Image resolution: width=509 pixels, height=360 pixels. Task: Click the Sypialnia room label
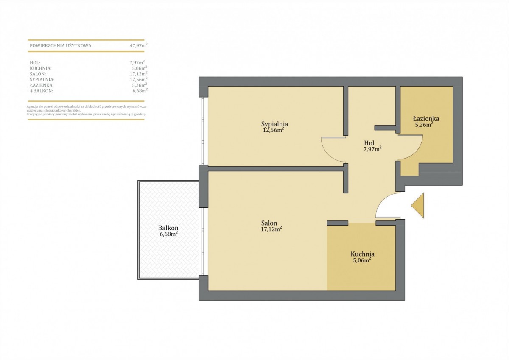[x=274, y=124]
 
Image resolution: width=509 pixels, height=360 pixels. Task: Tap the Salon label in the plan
[x=269, y=223]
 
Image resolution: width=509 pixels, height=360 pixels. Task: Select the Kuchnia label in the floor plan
[x=362, y=254]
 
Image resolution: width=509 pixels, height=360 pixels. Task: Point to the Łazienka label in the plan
[x=423, y=118]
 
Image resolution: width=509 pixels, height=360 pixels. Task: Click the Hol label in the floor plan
[x=369, y=143]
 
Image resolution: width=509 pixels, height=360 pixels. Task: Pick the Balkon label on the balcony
[x=168, y=228]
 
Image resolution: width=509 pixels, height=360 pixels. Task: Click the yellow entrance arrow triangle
[x=418, y=206]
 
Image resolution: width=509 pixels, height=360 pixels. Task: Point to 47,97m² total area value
[x=139, y=45]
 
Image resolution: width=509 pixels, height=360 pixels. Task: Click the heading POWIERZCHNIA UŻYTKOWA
[x=61, y=46]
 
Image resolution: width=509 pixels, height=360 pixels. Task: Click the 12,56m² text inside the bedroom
[x=274, y=130]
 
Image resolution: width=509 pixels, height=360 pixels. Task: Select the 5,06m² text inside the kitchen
[x=362, y=260]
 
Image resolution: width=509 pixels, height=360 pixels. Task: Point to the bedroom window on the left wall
[x=203, y=131]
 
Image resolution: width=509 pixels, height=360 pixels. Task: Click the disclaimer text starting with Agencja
[x=87, y=110]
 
